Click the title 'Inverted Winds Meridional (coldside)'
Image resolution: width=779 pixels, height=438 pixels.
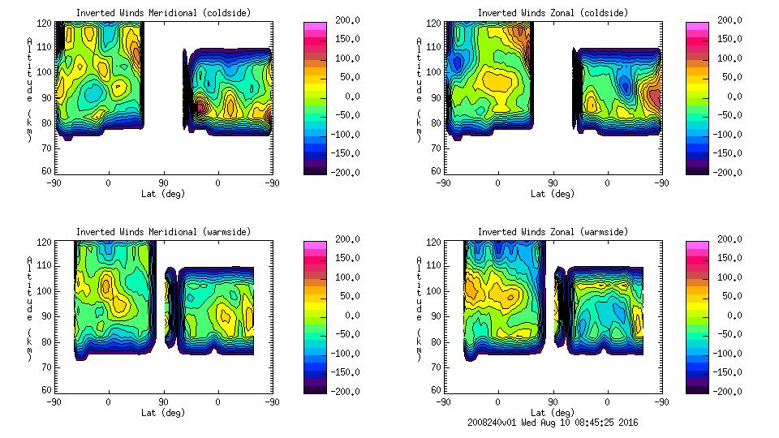pyautogui.click(x=163, y=13)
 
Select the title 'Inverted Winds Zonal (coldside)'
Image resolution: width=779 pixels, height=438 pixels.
pyautogui.click(x=553, y=13)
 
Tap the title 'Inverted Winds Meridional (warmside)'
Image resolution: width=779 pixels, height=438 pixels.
pyautogui.click(x=163, y=232)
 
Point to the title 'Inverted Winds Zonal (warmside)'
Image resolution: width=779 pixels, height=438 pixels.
pyautogui.click(x=553, y=232)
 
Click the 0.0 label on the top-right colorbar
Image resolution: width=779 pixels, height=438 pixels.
pyautogui.click(x=731, y=97)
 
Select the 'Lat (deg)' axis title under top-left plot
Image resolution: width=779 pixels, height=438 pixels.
pyautogui.click(x=163, y=194)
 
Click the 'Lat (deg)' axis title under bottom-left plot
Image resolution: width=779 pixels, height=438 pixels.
pyautogui.click(x=163, y=413)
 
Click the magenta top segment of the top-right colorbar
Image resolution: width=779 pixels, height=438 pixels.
pyautogui.click(x=698, y=28)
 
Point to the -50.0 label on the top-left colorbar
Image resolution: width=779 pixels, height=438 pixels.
pyautogui.click(x=343, y=115)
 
